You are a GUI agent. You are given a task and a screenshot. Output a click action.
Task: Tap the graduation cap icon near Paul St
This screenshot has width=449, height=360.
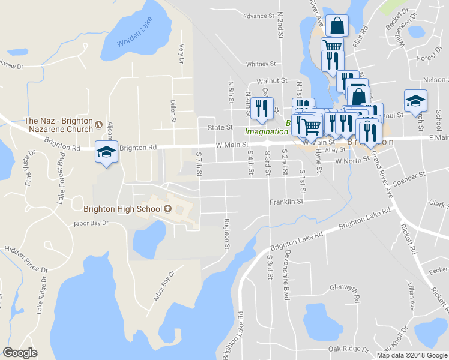click(415, 100)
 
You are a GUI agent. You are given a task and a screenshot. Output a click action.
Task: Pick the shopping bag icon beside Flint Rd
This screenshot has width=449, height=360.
click(338, 25)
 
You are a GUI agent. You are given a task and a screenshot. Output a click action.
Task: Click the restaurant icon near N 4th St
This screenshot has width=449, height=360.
click(261, 107)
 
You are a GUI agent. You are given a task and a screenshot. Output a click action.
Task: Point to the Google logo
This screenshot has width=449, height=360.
click(20, 353)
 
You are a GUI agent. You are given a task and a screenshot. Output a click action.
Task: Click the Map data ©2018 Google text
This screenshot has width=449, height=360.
click(412, 355)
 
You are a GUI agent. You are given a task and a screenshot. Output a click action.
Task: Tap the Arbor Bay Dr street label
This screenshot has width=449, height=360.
click(91, 223)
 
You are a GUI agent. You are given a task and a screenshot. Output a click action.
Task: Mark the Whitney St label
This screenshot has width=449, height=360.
click(261, 64)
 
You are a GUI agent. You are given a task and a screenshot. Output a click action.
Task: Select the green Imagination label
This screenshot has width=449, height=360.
click(264, 131)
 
